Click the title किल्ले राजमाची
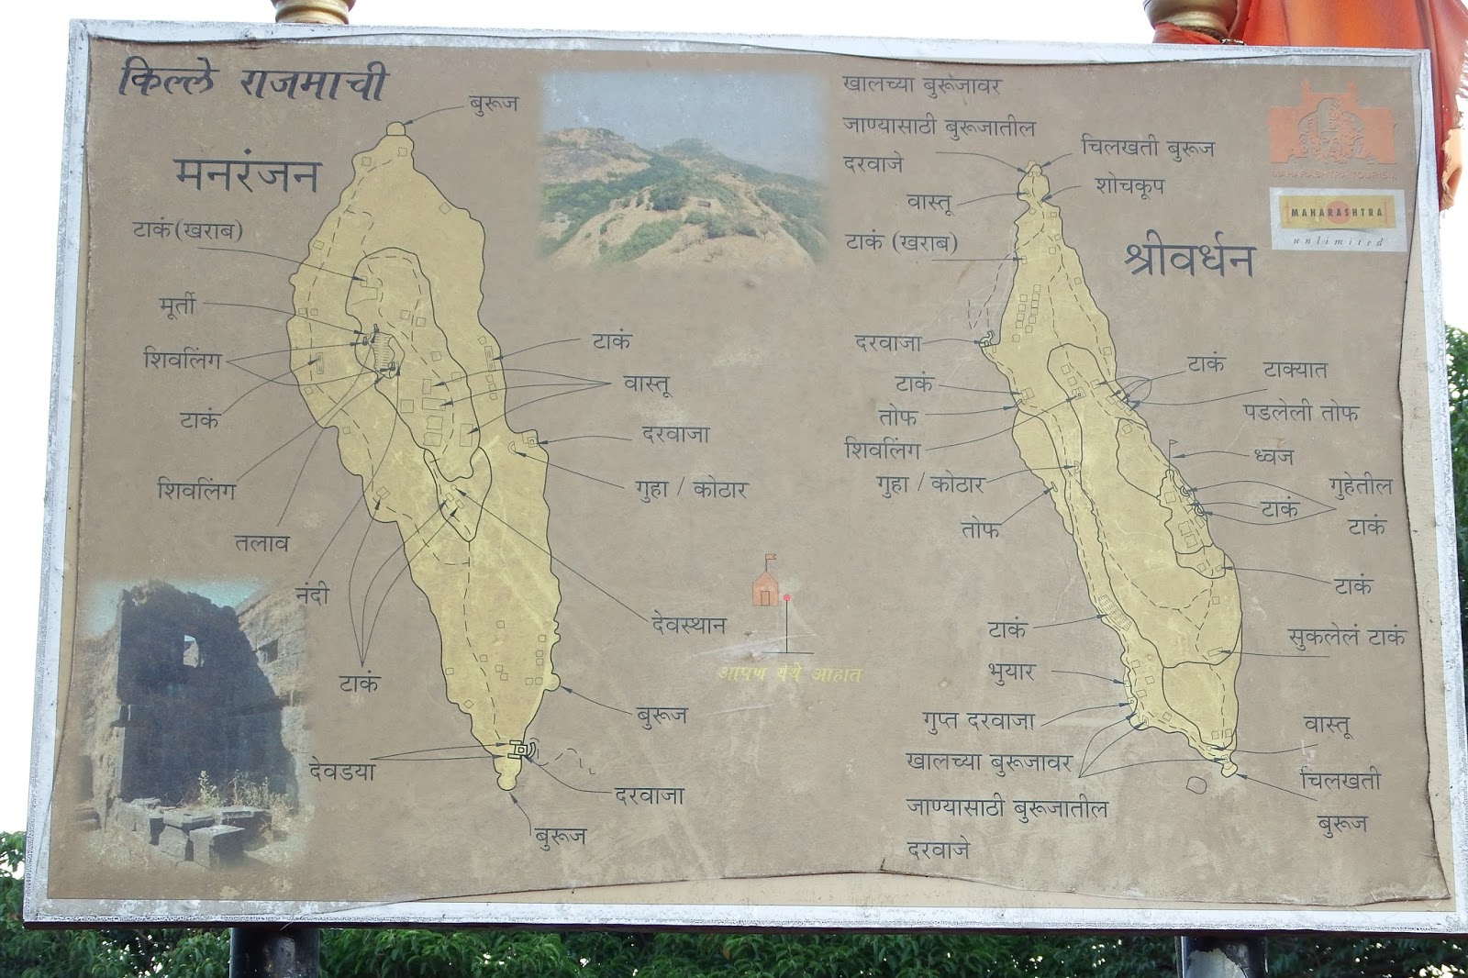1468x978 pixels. click(251, 83)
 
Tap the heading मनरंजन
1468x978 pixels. click(246, 174)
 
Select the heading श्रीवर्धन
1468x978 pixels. click(1188, 260)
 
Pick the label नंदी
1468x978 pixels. click(306, 596)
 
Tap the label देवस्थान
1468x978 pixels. click(684, 626)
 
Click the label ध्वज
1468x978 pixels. click(1273, 455)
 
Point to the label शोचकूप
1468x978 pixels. click(1129, 185)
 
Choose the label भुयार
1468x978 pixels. click(1011, 672)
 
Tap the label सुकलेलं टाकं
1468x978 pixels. click(1345, 637)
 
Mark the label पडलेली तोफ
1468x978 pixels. click(1301, 412)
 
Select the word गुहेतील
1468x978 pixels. click(1360, 485)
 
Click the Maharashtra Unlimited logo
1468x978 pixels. click(1337, 218)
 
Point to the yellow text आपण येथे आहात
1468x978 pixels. click(789, 675)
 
